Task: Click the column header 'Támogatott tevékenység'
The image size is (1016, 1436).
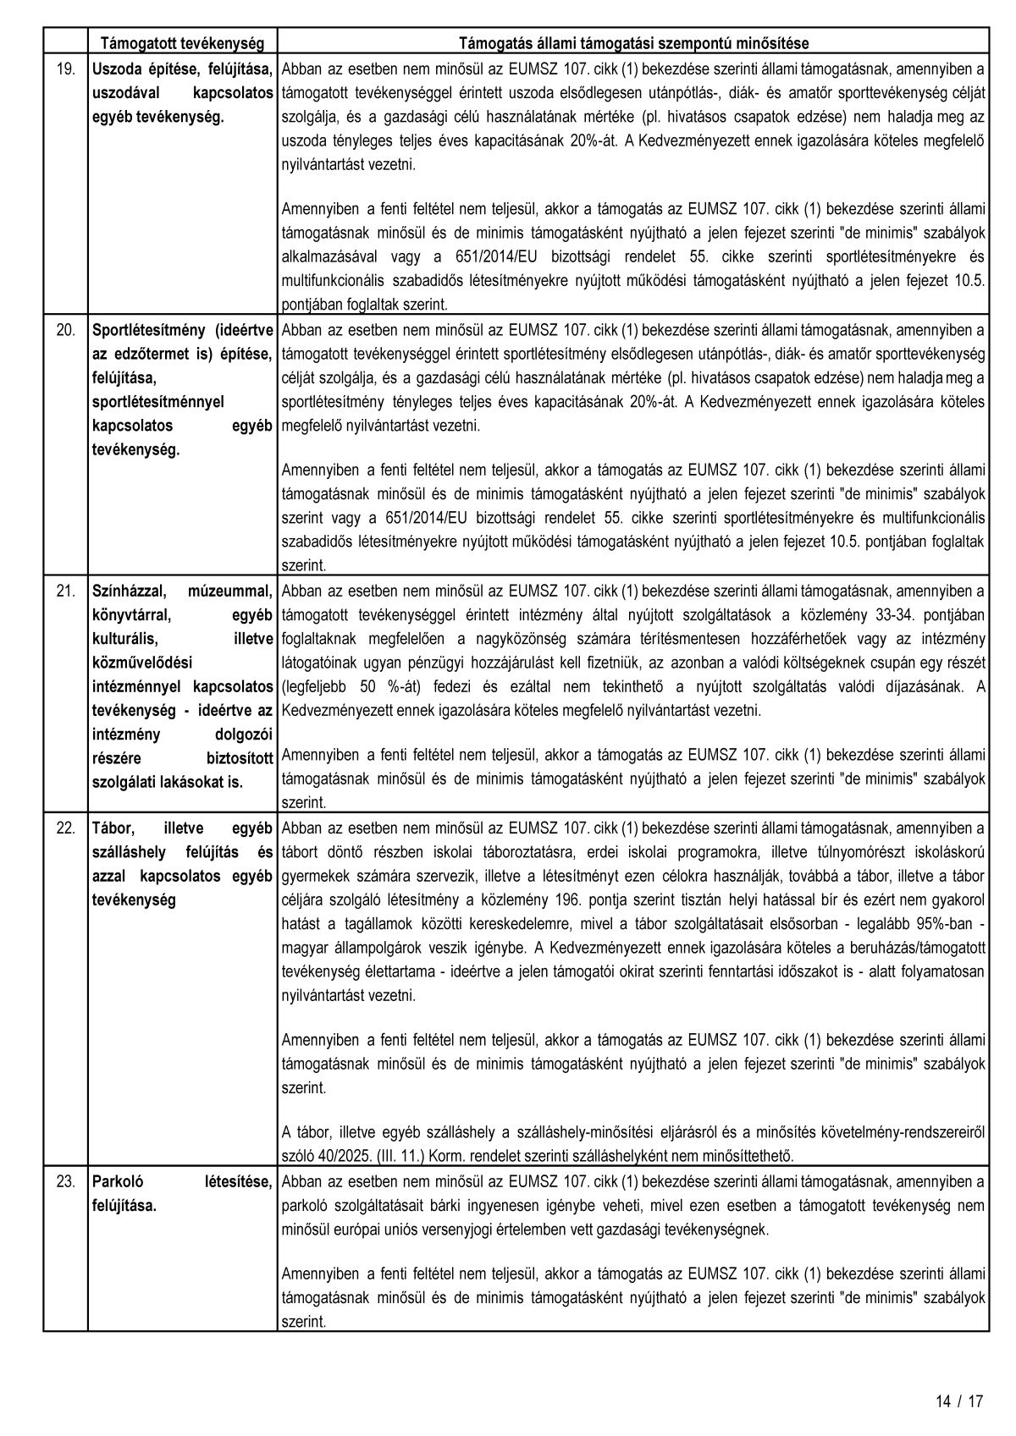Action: (x=182, y=42)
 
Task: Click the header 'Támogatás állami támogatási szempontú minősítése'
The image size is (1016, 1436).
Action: (x=633, y=42)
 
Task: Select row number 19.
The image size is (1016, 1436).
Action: (x=65, y=69)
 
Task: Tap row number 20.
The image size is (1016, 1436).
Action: (x=65, y=330)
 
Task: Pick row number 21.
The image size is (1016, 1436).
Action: (x=65, y=591)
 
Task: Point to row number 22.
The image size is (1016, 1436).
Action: (x=65, y=828)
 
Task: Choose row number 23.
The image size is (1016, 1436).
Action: (x=65, y=1181)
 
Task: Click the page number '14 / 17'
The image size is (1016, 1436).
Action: (x=960, y=1401)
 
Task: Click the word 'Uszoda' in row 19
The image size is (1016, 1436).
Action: (x=117, y=69)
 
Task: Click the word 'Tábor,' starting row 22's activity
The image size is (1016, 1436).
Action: (x=112, y=828)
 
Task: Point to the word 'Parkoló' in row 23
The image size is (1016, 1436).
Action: (x=118, y=1181)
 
